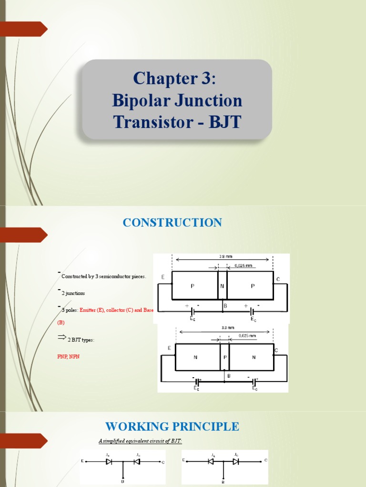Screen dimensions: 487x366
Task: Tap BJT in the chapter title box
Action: click(x=223, y=123)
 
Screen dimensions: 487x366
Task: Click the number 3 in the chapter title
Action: click(x=206, y=78)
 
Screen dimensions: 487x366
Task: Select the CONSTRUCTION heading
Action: click(x=172, y=223)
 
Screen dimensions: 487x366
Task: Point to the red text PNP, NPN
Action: click(x=65, y=356)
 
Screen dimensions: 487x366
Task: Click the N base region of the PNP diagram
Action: click(x=222, y=286)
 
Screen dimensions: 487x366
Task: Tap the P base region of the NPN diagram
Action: click(x=224, y=357)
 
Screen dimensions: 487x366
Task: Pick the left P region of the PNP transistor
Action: click(x=193, y=286)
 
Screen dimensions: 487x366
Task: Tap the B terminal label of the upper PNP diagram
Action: click(x=225, y=306)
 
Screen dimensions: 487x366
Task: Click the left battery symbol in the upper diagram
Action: click(x=193, y=312)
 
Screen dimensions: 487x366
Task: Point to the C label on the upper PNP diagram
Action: click(x=278, y=280)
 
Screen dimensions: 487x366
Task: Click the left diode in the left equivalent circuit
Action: click(x=109, y=462)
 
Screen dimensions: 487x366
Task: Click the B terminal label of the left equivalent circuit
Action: click(x=123, y=482)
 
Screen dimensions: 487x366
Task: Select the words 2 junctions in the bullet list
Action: click(x=73, y=293)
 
